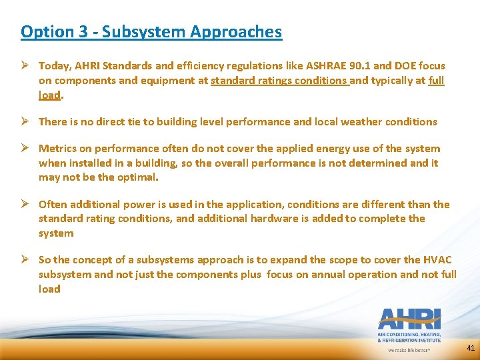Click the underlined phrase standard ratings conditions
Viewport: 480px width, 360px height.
(279, 81)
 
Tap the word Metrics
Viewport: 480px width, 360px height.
(57, 149)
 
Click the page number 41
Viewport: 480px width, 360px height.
(471, 348)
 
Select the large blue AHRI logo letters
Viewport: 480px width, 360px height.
(409, 319)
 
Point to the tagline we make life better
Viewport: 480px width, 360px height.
(409, 349)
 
